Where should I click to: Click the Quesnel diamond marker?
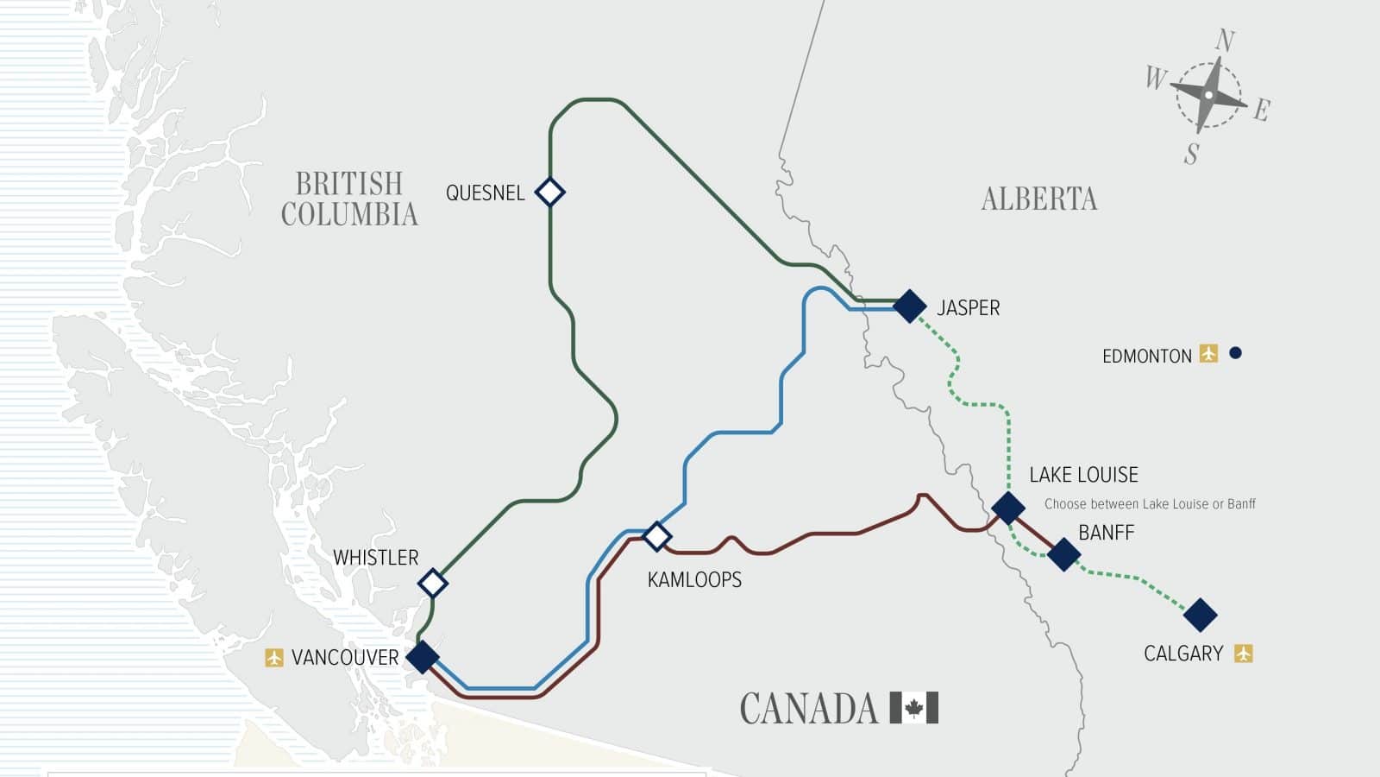(549, 192)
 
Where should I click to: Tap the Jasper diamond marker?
(909, 306)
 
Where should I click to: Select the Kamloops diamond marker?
(657, 536)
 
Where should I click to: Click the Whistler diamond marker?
(433, 584)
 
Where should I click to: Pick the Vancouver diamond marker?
(423, 657)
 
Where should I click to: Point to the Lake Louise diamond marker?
(1007, 508)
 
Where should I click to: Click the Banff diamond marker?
(1063, 554)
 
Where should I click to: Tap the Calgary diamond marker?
(1200, 615)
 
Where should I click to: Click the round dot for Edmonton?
(1235, 352)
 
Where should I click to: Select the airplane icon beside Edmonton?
(1208, 353)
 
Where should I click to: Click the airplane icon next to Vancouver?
(274, 658)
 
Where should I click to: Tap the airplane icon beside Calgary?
(1243, 654)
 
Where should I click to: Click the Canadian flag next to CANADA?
(913, 708)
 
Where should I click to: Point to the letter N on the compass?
(1225, 41)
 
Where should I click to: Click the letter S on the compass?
(1192, 154)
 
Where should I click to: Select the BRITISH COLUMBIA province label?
(349, 199)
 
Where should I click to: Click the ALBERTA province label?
(1039, 199)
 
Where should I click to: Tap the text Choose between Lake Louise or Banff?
(1150, 504)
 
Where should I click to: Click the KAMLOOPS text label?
(694, 579)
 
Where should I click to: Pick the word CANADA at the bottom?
(808, 709)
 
